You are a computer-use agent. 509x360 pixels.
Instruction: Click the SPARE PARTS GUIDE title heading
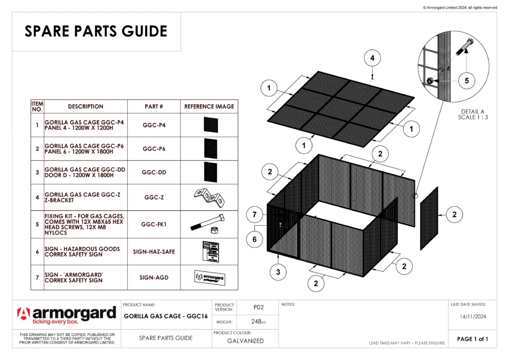click(x=96, y=31)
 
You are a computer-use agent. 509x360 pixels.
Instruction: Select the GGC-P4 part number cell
click(x=154, y=125)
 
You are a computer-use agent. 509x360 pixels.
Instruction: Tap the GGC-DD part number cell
click(x=154, y=173)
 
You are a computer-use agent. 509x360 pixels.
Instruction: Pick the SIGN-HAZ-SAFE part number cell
click(x=154, y=252)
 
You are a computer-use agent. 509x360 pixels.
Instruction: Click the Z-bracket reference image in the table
click(x=209, y=197)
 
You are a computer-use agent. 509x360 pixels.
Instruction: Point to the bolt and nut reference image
click(x=209, y=225)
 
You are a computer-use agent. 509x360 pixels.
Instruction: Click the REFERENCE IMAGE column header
click(x=209, y=106)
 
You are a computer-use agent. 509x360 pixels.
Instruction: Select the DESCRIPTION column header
click(x=85, y=106)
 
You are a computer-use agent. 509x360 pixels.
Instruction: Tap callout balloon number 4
click(x=372, y=58)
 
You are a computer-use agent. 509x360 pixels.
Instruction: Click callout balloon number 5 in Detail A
click(x=466, y=80)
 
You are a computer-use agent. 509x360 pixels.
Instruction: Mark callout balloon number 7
click(x=254, y=215)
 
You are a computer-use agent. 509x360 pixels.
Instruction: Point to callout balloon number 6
click(x=254, y=239)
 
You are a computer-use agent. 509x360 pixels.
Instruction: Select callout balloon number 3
click(x=278, y=271)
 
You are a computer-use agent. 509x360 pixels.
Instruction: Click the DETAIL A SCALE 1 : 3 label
click(x=472, y=114)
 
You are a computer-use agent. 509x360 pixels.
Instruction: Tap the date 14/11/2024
click(x=472, y=316)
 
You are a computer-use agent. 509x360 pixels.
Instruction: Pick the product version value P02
click(x=258, y=307)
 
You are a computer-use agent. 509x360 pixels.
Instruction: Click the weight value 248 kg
click(x=258, y=322)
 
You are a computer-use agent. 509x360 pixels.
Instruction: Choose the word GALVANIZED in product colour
click(x=246, y=341)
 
